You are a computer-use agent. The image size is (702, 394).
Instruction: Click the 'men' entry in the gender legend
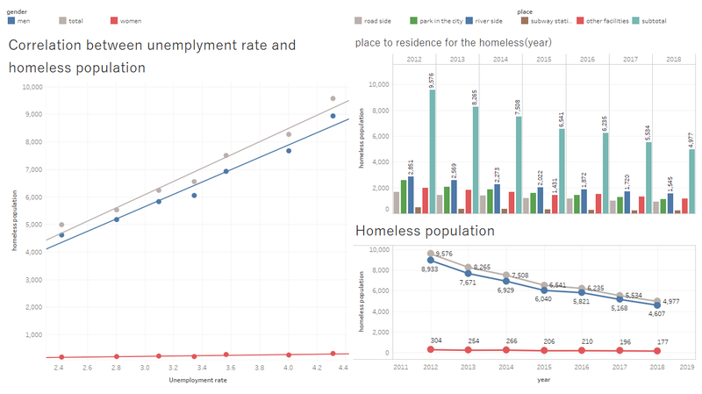coord(23,19)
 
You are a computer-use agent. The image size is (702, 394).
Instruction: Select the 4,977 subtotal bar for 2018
coord(692,180)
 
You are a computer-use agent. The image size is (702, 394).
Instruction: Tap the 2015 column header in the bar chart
coord(544,58)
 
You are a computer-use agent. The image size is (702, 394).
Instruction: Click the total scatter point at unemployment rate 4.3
coord(333,99)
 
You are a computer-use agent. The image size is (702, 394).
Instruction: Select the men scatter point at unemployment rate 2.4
coord(61,235)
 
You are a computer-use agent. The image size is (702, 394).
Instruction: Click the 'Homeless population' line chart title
coord(425,231)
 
